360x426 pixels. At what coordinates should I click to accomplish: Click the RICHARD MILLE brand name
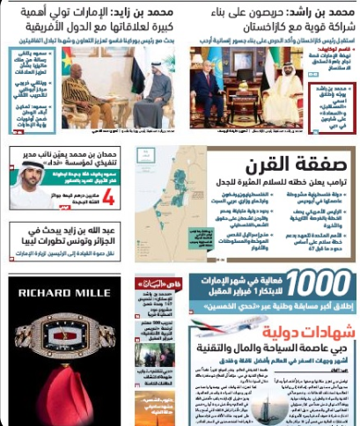(62, 290)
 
